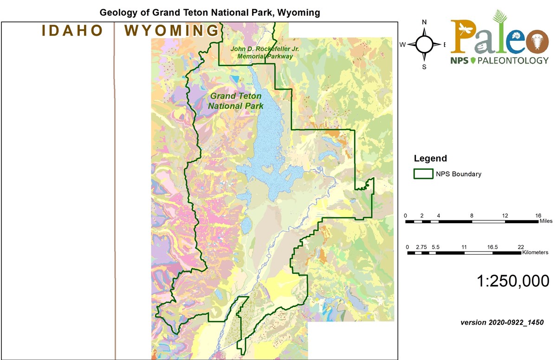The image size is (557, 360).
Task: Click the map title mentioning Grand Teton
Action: (x=210, y=13)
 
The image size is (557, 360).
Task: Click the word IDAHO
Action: (x=72, y=31)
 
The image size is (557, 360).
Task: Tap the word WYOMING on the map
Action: (x=171, y=31)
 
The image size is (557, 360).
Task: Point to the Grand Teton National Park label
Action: (x=236, y=101)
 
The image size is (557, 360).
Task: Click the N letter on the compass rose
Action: (x=424, y=22)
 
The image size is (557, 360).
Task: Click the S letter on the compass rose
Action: (x=424, y=66)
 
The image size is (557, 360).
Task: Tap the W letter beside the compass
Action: (x=403, y=45)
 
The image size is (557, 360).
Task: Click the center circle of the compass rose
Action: (x=424, y=45)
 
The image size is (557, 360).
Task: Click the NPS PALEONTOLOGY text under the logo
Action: (x=499, y=60)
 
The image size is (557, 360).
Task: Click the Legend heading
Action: (x=430, y=159)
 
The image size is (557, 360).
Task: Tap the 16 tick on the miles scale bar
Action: (x=538, y=216)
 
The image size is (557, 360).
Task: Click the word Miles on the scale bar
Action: (x=546, y=221)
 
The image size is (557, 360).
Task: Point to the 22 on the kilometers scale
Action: (x=520, y=247)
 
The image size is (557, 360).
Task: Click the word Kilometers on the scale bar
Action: (x=535, y=253)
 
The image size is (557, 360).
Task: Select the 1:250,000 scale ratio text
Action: (x=513, y=281)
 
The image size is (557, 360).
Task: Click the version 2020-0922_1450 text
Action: (x=502, y=322)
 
